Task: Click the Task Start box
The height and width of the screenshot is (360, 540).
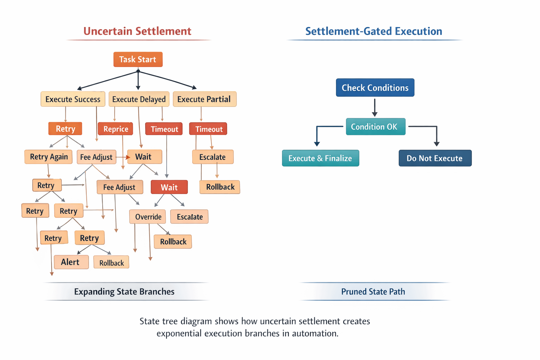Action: (138, 59)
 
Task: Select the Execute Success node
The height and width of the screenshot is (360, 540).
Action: (73, 99)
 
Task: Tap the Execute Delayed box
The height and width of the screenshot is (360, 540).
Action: (139, 99)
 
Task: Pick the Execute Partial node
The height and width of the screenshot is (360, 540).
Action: (204, 99)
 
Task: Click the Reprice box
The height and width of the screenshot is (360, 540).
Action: (116, 129)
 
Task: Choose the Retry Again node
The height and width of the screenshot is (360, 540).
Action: (49, 157)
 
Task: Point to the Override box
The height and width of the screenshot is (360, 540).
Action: (148, 217)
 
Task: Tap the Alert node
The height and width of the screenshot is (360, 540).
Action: (71, 262)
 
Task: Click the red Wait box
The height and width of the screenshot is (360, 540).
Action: (169, 187)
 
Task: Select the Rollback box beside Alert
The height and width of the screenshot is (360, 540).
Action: (111, 263)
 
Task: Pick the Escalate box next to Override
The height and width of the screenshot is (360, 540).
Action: (189, 217)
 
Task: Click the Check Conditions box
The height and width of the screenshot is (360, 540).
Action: (375, 88)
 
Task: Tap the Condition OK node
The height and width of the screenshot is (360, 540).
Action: (375, 127)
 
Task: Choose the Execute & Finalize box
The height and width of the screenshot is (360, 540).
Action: (320, 158)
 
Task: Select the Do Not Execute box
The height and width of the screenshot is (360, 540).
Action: (435, 158)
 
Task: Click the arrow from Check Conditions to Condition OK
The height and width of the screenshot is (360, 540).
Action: (375, 107)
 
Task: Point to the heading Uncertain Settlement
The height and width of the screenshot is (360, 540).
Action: (137, 31)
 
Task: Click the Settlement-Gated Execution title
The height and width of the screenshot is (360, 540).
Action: (373, 31)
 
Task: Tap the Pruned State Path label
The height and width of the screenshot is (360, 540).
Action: (373, 292)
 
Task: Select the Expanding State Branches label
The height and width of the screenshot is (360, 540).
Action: (124, 292)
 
